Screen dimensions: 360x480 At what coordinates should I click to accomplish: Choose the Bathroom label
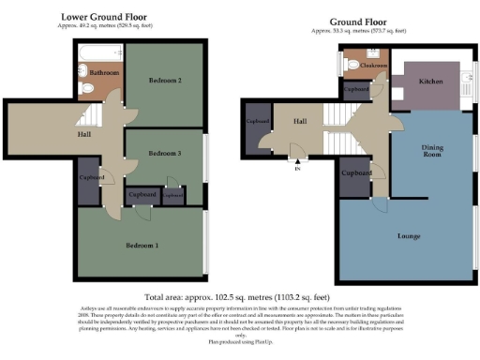click(x=102, y=72)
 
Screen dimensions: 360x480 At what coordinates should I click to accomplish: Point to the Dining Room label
click(x=431, y=151)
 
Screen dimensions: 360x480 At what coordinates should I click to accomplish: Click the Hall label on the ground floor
click(x=300, y=121)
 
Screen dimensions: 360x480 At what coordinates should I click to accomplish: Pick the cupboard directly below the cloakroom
click(x=356, y=89)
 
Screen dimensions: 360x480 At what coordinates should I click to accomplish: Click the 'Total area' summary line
click(x=239, y=294)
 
